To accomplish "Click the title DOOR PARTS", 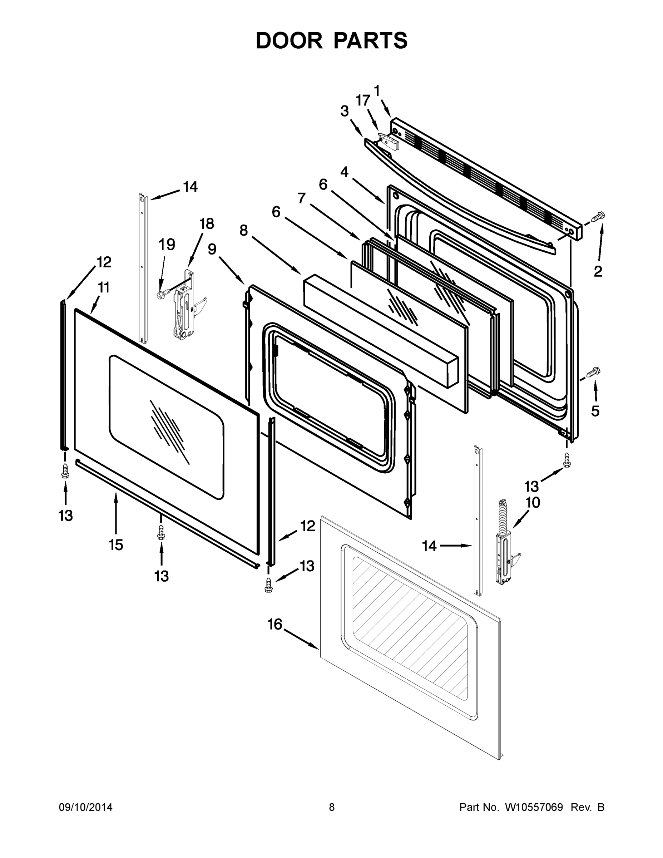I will (332, 41).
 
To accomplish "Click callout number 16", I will (274, 624).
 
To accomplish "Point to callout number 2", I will (598, 271).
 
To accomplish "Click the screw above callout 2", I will (599, 216).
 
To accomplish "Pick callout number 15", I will (116, 544).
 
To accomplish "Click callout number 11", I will (103, 287).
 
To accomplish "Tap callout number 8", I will (243, 231).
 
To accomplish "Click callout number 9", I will (212, 249).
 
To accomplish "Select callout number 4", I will (344, 172).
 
